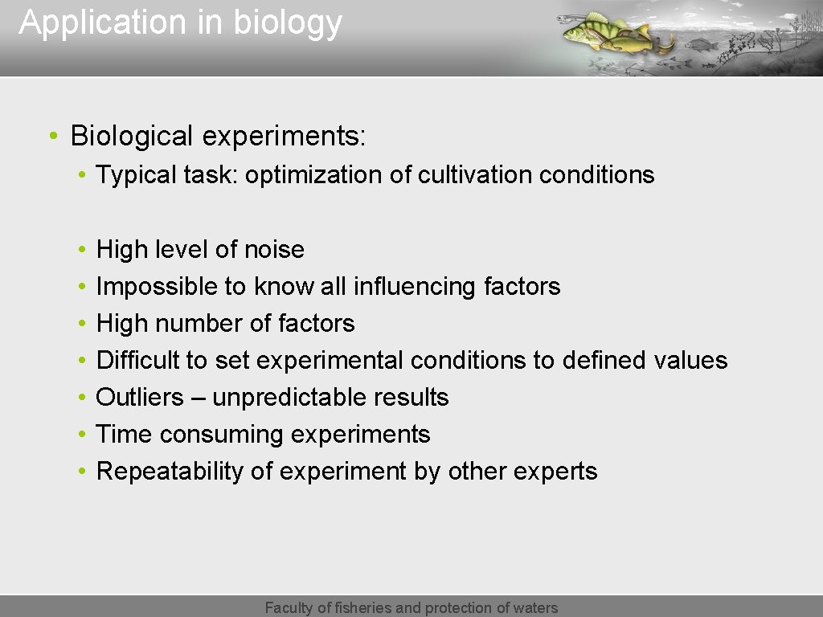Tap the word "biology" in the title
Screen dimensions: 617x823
click(287, 23)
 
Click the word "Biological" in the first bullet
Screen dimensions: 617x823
click(132, 137)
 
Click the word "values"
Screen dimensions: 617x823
click(690, 361)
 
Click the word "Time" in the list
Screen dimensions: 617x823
click(125, 435)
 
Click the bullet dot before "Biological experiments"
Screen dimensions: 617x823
click(51, 137)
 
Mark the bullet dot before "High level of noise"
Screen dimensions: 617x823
click(83, 250)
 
